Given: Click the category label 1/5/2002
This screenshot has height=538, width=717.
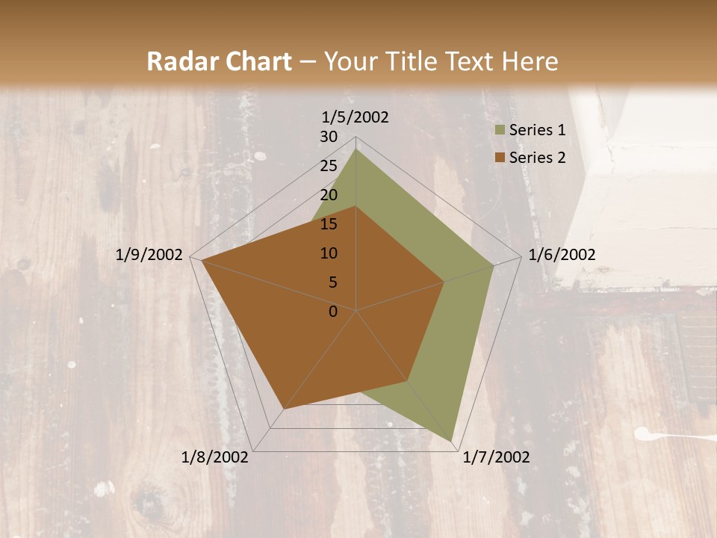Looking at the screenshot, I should pyautogui.click(x=356, y=117).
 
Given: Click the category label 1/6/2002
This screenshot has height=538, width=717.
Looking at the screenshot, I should pyautogui.click(x=562, y=255).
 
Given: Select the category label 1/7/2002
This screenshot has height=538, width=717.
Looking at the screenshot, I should pyautogui.click(x=496, y=457).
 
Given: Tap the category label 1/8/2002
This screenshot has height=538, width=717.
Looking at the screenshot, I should pyautogui.click(x=215, y=457).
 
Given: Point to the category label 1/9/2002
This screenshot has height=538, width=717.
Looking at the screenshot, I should pyautogui.click(x=149, y=255).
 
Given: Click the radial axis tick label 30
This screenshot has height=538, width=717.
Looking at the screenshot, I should pyautogui.click(x=329, y=137).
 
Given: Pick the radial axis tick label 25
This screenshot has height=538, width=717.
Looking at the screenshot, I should pyautogui.click(x=329, y=166).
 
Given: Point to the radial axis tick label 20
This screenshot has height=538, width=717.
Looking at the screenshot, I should pyautogui.click(x=329, y=195).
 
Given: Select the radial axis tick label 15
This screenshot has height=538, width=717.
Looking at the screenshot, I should pyautogui.click(x=329, y=224).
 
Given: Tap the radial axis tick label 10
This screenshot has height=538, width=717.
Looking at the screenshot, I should pyautogui.click(x=329, y=253).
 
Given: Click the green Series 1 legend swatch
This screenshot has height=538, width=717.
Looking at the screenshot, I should pyautogui.click(x=500, y=131).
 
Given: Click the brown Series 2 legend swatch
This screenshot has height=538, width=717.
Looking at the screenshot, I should pyautogui.click(x=500, y=158).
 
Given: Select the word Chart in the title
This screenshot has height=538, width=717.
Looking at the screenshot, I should pyautogui.click(x=256, y=62).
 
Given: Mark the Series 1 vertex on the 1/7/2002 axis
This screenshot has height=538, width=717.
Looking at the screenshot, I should pyautogui.click(x=451, y=441).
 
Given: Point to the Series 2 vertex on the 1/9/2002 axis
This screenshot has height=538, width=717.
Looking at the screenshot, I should pyautogui.click(x=202, y=260).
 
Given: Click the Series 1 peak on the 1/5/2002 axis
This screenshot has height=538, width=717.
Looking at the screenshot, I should pyautogui.click(x=356, y=149).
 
